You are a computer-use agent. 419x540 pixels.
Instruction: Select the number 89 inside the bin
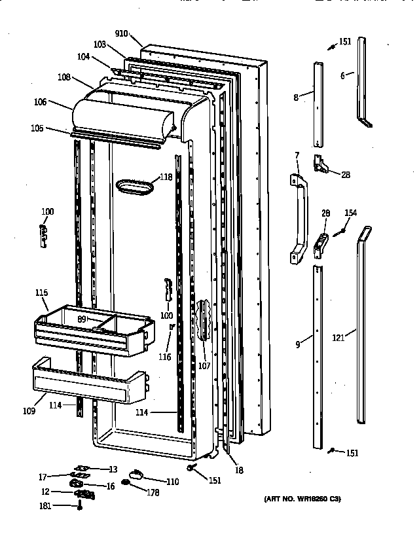click(x=82, y=319)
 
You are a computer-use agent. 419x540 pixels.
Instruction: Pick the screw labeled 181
click(x=79, y=505)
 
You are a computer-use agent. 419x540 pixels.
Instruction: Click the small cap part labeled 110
click(x=136, y=475)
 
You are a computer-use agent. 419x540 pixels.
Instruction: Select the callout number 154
click(x=351, y=213)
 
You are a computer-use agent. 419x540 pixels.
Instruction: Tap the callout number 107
click(x=204, y=366)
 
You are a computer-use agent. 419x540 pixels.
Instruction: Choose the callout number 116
click(x=164, y=357)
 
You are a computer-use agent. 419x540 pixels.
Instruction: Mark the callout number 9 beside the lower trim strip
click(x=297, y=344)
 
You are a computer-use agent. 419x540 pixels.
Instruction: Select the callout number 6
click(x=342, y=76)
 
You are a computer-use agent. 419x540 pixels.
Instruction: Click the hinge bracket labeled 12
click(x=83, y=494)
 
